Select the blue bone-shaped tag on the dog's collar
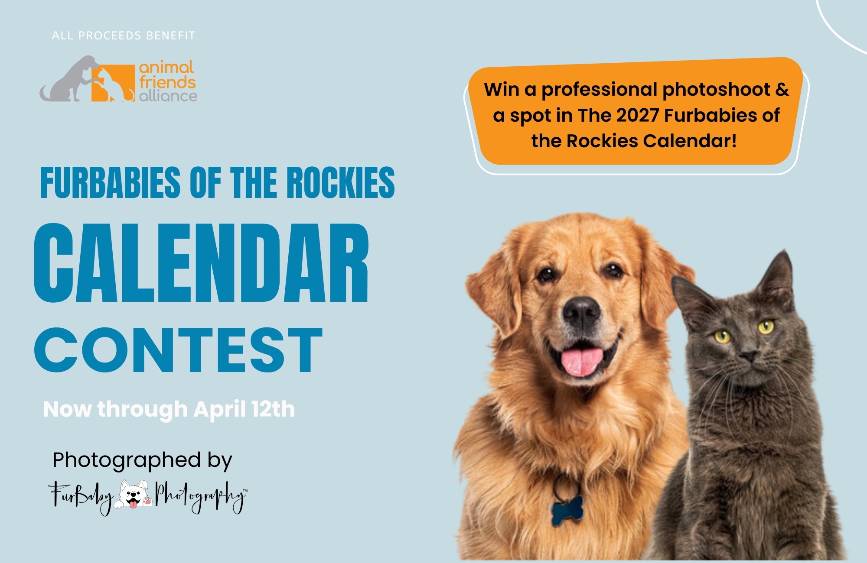tap(567, 511)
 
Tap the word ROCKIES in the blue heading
tap(341, 183)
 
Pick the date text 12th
tap(273, 409)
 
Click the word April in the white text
tap(220, 410)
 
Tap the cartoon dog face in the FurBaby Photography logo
tap(134, 495)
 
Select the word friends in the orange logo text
tap(167, 81)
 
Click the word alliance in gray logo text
tap(168, 96)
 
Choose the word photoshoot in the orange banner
tap(716, 90)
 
